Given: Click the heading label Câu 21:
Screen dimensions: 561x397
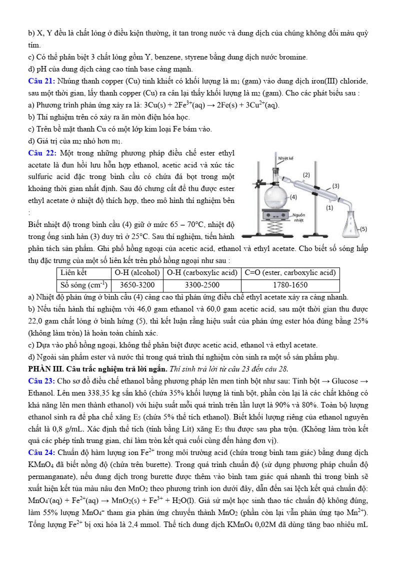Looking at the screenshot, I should coord(42,81).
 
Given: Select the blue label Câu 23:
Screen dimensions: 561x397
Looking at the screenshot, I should coord(42,380).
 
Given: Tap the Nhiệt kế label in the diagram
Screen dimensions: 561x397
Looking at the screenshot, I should coord(285,158).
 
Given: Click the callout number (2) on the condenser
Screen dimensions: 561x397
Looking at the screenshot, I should coord(306,175).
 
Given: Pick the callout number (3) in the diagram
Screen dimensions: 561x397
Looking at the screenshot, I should coord(336,185).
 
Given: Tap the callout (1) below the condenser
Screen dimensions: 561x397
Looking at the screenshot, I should coord(329,207).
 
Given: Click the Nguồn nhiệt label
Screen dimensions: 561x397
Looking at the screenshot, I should coord(299,217).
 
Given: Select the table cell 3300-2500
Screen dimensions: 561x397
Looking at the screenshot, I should coord(201,285).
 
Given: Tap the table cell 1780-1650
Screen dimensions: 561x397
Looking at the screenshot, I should coord(290,285).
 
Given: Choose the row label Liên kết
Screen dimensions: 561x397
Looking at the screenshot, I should coord(73,273).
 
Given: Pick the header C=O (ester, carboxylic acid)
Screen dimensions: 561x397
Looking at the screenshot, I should coord(290,273).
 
